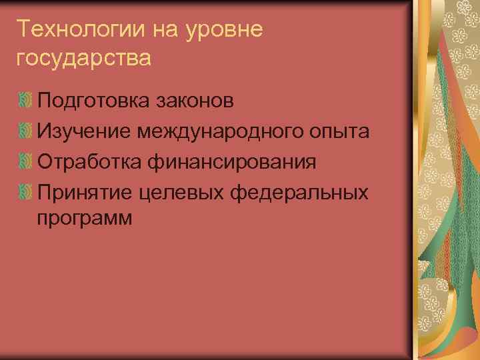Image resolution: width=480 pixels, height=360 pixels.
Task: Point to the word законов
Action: point(194,101)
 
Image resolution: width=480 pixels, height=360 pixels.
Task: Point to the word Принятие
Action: point(86,193)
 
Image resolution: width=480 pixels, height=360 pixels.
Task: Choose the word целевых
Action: point(181,193)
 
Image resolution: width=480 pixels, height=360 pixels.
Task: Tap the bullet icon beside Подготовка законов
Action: point(25,101)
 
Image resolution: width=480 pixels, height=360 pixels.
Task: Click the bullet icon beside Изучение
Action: point(25,131)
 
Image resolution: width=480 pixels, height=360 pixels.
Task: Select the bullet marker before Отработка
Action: point(25,162)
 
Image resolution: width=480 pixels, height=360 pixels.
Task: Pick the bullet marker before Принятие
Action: point(25,193)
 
